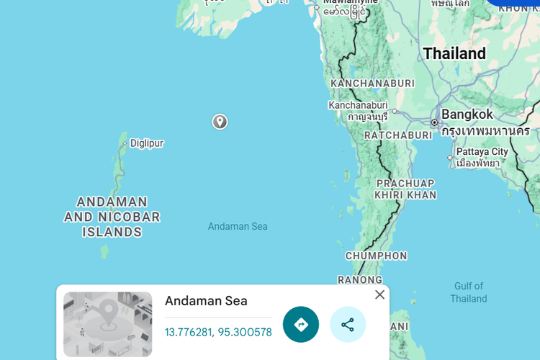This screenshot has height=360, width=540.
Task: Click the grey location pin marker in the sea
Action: (220, 122)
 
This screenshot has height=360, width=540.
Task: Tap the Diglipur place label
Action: (146, 143)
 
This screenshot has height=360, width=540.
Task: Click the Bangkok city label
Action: (467, 114)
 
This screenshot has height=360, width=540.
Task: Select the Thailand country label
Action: (454, 53)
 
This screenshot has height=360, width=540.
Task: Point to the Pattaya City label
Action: (482, 152)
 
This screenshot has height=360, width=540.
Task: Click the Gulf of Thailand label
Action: (469, 292)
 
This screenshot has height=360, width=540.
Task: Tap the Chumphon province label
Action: (376, 256)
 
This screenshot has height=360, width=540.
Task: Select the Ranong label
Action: (359, 280)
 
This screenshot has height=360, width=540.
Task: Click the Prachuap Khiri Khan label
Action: (406, 189)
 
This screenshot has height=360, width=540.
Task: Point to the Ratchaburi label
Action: (397, 135)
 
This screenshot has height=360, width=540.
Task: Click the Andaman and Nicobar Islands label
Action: (112, 217)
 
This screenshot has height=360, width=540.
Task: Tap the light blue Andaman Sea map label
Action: (238, 226)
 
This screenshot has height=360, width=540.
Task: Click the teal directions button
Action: (301, 325)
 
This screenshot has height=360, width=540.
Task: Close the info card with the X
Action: (379, 294)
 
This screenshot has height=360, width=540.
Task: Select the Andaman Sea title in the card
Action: (206, 301)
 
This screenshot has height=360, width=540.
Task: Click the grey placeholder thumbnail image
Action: (108, 324)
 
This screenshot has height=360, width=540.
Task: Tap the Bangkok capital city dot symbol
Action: (434, 122)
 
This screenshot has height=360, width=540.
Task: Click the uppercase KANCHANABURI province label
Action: (372, 84)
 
